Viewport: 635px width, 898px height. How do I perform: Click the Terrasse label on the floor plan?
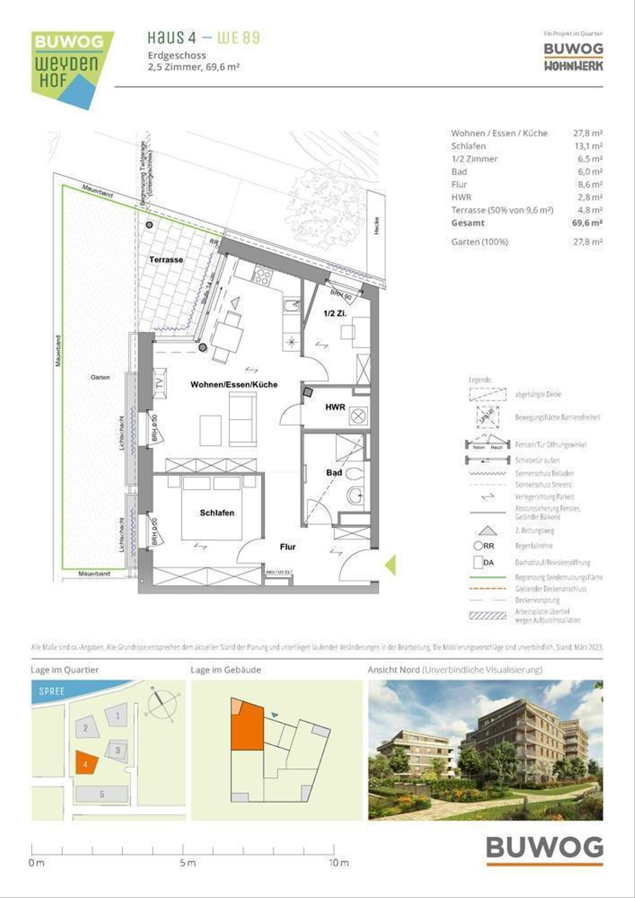pyautogui.click(x=166, y=260)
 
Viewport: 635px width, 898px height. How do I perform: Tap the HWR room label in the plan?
pyautogui.click(x=335, y=407)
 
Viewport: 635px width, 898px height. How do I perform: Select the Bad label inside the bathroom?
pyautogui.click(x=334, y=473)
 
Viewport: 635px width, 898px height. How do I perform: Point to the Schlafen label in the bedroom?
pyautogui.click(x=217, y=513)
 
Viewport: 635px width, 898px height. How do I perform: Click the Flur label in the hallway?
pyautogui.click(x=288, y=547)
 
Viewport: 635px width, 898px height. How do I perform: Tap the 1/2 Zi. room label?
pyautogui.click(x=335, y=313)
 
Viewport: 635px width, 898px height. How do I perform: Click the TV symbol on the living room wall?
pyautogui.click(x=160, y=382)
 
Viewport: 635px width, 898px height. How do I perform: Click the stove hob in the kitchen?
pyautogui.click(x=262, y=276)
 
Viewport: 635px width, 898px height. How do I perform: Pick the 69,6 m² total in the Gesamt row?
pyautogui.click(x=587, y=223)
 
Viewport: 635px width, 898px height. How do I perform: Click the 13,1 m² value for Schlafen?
pyautogui.click(x=588, y=146)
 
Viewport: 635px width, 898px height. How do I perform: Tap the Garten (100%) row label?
pyautogui.click(x=479, y=242)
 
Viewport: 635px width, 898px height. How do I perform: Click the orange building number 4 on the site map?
pyautogui.click(x=86, y=764)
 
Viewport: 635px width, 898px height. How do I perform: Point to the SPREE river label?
pyautogui.click(x=52, y=691)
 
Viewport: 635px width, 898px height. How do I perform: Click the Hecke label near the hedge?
pyautogui.click(x=376, y=226)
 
